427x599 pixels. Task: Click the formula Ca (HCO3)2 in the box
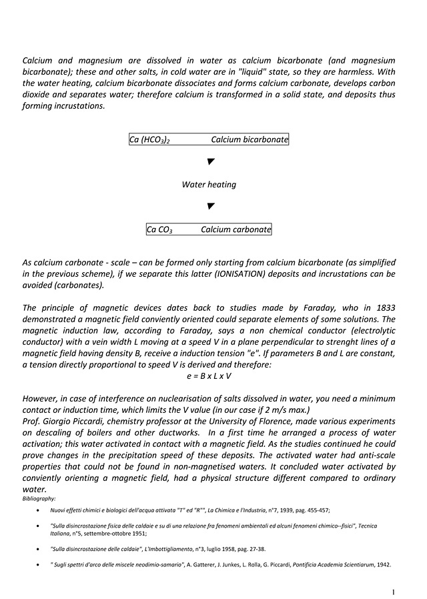(x=149, y=140)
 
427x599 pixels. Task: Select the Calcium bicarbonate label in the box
(x=250, y=140)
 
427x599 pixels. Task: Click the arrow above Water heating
(x=209, y=162)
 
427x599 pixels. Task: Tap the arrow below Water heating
(x=209, y=206)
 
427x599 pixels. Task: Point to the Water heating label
(x=209, y=185)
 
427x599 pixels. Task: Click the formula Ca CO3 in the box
(x=160, y=230)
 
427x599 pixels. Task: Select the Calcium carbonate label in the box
(x=236, y=230)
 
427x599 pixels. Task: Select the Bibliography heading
(x=39, y=498)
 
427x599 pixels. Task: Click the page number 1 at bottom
(x=394, y=591)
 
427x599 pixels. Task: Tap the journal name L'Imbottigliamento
(x=178, y=549)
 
